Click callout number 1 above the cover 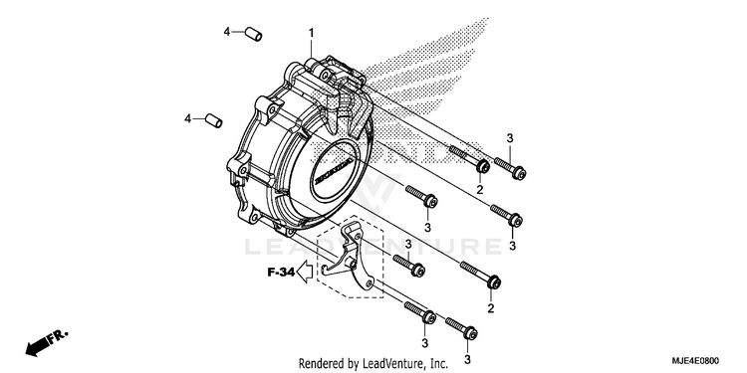click(311, 33)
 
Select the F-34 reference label click(280, 273)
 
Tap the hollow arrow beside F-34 click(304, 273)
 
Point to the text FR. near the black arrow click(59, 335)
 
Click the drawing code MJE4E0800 click(696, 361)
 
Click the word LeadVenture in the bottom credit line click(391, 364)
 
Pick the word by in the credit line click(353, 364)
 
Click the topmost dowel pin click(253, 34)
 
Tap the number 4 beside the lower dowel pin click(187, 118)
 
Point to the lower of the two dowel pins click(213, 120)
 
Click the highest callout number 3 click(510, 138)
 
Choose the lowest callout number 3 click(467, 359)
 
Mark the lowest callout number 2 click(491, 308)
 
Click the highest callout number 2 click(480, 189)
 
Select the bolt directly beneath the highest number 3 click(510, 168)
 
